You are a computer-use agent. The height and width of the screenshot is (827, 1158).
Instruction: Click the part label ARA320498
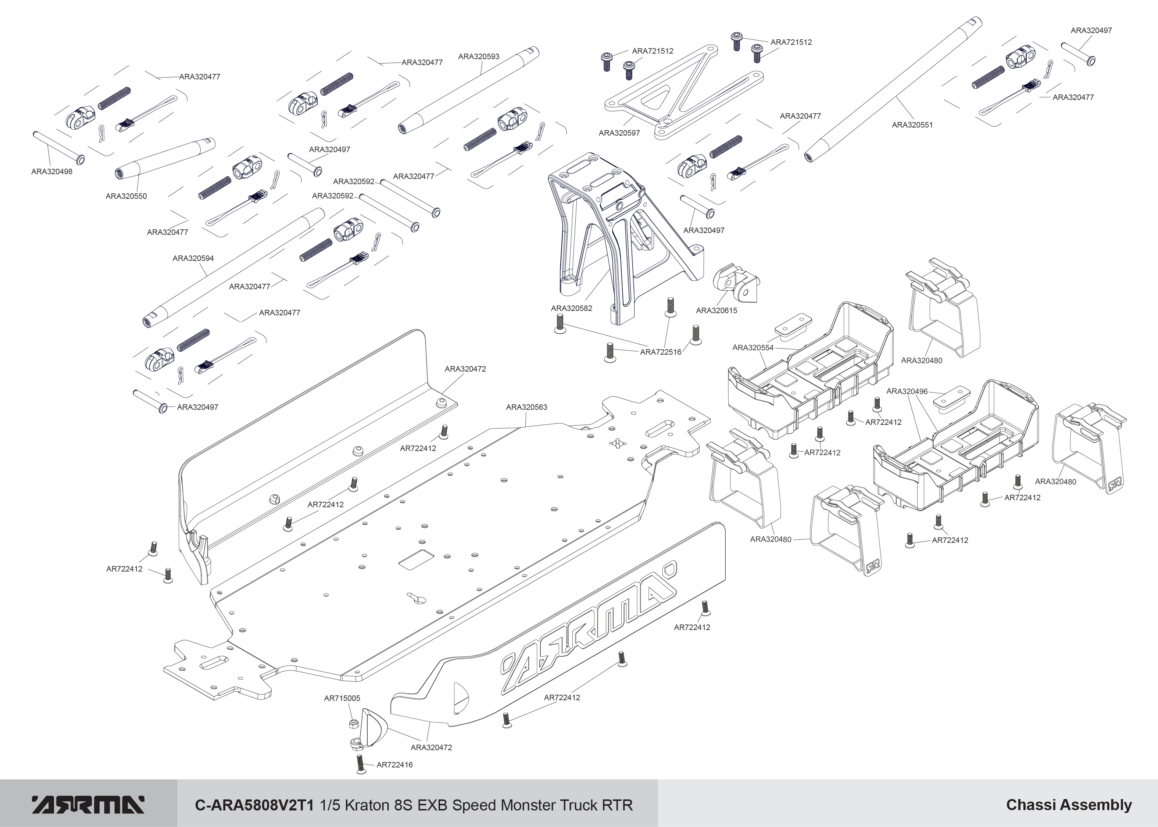click(x=51, y=172)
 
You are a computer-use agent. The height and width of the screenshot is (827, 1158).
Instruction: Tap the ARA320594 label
click(x=193, y=258)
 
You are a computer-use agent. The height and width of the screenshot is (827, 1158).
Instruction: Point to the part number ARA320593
click(x=479, y=57)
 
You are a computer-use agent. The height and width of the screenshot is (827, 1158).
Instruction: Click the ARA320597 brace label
click(x=619, y=133)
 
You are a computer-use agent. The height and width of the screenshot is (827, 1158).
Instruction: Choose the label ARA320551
click(x=912, y=125)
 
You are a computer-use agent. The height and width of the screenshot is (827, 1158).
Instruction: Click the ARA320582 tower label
click(x=571, y=308)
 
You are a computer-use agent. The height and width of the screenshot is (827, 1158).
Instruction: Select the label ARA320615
click(x=716, y=310)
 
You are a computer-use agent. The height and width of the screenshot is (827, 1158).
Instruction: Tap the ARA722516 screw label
click(x=661, y=352)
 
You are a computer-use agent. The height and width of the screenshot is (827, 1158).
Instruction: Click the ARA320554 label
click(x=753, y=348)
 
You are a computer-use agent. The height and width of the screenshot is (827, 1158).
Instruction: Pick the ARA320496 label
click(x=907, y=391)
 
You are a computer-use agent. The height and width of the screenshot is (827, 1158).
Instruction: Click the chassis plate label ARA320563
click(x=526, y=407)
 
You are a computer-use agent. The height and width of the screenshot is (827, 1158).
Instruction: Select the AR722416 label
click(x=395, y=765)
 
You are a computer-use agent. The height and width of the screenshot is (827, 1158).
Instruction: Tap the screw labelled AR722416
click(x=361, y=764)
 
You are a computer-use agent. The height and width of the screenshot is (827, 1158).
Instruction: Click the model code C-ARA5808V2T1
click(x=256, y=805)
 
